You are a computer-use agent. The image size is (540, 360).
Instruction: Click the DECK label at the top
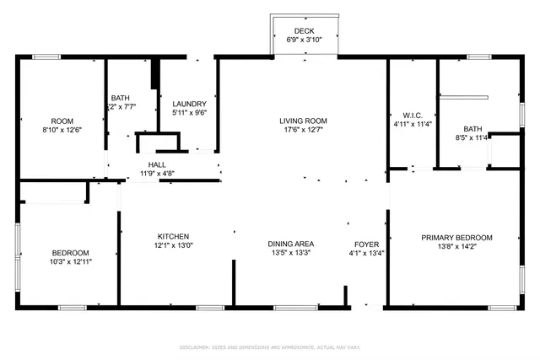coord(303,30)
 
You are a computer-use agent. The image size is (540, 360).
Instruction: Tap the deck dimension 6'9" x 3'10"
coord(303,39)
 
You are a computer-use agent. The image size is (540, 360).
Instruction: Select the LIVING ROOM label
coord(303,121)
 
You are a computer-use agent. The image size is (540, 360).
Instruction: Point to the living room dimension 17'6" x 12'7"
coord(303,130)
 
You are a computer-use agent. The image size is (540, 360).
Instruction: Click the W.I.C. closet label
coord(412,115)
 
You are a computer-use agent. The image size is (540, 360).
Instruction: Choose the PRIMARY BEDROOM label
coord(456,238)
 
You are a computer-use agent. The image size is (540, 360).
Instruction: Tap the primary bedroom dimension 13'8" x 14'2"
coord(456,247)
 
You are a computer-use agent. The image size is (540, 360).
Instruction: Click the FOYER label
coord(366,243)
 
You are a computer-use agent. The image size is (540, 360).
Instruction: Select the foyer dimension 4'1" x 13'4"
coord(366,252)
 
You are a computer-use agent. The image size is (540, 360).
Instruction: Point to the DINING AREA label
coord(291,243)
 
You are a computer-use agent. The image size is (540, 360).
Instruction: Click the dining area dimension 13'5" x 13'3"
coord(291,252)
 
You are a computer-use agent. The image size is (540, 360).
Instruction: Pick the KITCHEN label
coord(173,236)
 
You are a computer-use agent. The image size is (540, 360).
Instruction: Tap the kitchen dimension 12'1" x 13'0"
coord(173,245)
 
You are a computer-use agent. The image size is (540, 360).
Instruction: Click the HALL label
coord(158,164)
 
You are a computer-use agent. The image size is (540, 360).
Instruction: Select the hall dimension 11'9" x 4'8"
coord(158,174)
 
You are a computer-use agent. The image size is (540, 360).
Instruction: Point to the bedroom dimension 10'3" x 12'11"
coord(70,262)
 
